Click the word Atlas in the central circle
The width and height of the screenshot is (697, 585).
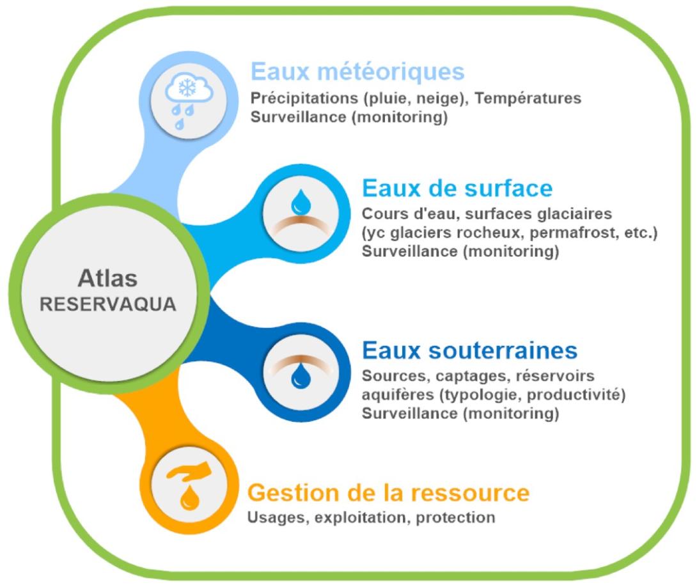coord(107,279)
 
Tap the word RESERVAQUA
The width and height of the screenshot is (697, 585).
coord(108,304)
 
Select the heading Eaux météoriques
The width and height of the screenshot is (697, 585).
coord(357,71)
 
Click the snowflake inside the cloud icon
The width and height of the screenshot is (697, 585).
coord(187,88)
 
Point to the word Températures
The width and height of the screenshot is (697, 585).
coord(528,98)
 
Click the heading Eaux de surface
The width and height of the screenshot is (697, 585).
coord(457,188)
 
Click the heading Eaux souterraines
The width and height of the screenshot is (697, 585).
coord(470,350)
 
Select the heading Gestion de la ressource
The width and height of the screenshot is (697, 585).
coord(389,492)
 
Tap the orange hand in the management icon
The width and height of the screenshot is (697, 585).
coord(189,471)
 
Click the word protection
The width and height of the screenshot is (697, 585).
coord(456,518)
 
